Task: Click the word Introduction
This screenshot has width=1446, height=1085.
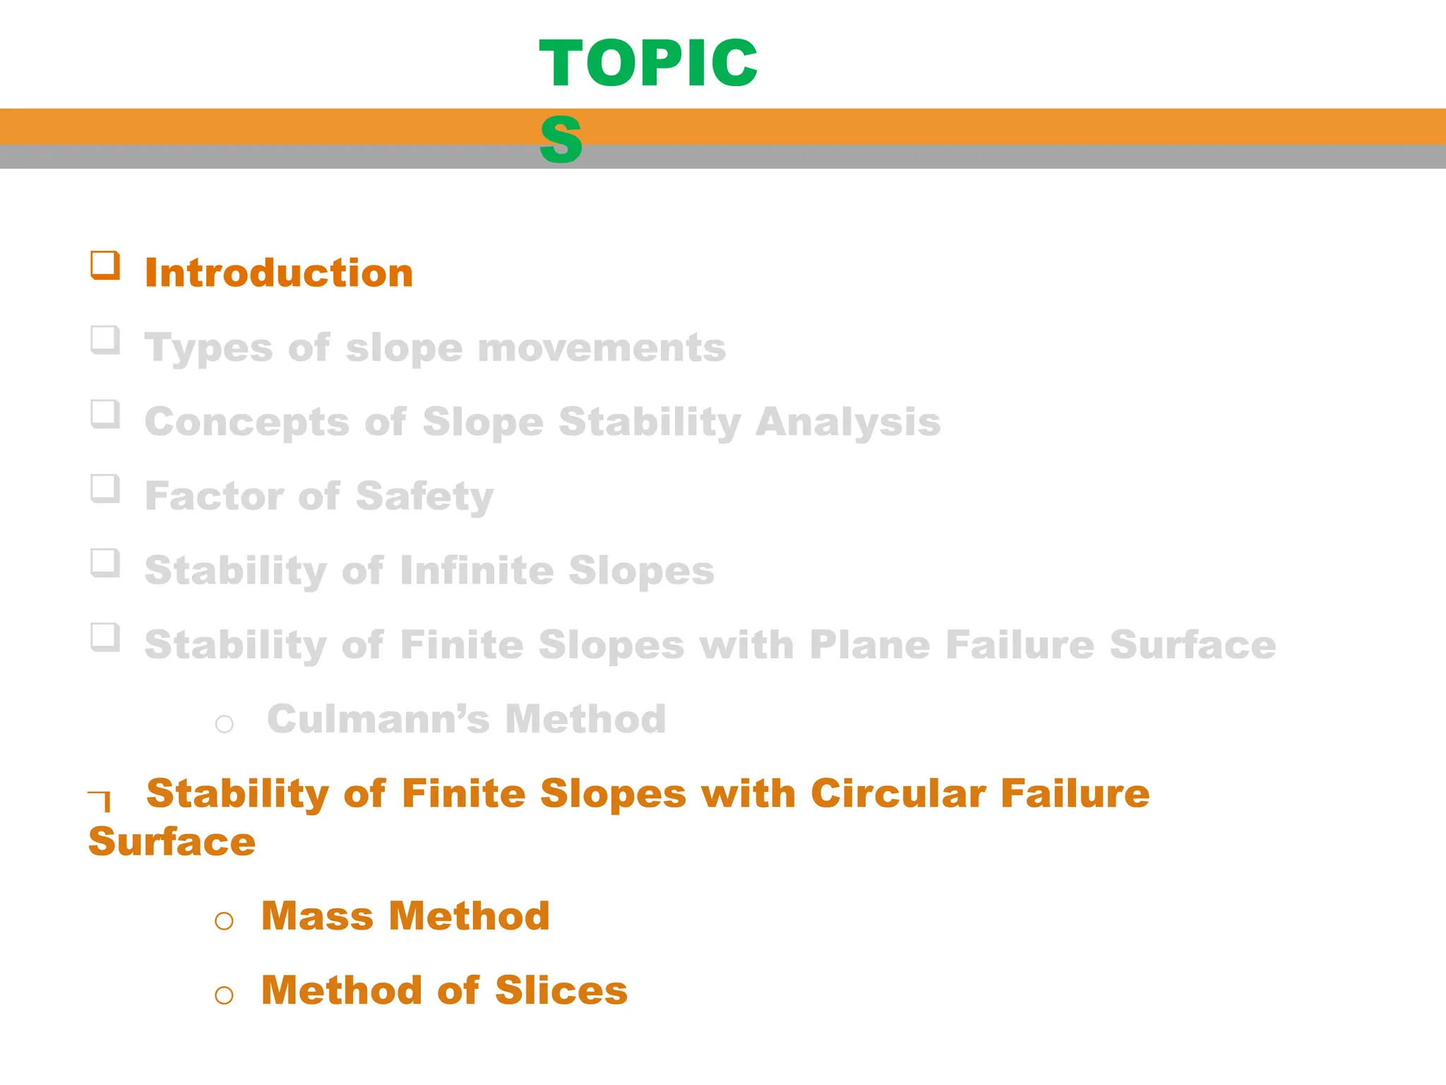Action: click(279, 273)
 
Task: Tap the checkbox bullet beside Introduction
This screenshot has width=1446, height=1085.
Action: click(105, 266)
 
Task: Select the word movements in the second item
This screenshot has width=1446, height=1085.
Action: click(602, 348)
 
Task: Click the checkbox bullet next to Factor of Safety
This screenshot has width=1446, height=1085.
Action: click(105, 488)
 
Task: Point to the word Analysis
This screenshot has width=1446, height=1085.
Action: click(847, 422)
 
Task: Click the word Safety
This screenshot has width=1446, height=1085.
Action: click(424, 496)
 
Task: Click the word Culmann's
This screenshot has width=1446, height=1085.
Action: click(378, 719)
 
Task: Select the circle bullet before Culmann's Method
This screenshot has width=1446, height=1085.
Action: click(225, 724)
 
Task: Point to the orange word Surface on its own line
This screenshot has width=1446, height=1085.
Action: click(172, 841)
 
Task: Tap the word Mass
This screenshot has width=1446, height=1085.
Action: click(318, 916)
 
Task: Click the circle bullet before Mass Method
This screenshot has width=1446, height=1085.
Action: click(225, 920)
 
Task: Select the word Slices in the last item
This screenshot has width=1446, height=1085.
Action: click(561, 990)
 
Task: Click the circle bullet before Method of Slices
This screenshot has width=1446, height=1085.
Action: click(225, 995)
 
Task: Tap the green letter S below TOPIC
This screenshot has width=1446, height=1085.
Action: click(561, 139)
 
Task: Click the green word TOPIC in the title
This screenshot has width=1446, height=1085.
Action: click(647, 64)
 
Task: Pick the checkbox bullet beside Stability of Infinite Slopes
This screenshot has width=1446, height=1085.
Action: click(105, 563)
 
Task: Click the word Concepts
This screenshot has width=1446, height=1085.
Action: click(247, 422)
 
